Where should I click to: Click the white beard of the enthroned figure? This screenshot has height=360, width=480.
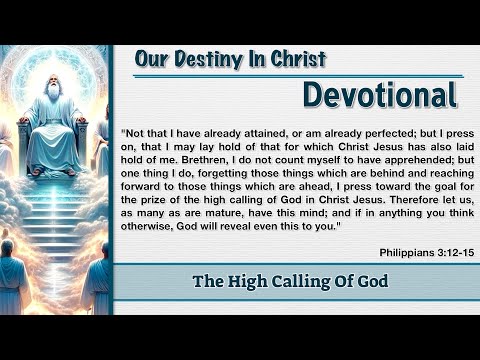click(x=53, y=101)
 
